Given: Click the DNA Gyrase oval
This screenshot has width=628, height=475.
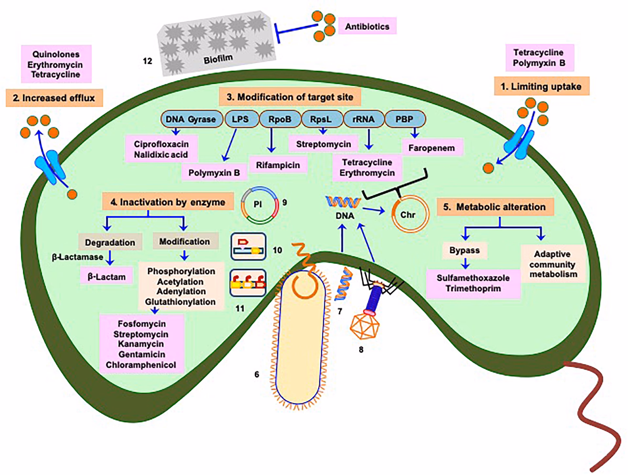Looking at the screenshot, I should point(191,119).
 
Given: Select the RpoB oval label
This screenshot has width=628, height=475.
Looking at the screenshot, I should point(280,119).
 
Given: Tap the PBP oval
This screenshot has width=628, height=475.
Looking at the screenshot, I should point(405,119).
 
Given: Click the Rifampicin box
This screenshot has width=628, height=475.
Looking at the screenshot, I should point(278,165).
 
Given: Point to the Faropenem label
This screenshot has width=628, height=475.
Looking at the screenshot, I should point(431,148).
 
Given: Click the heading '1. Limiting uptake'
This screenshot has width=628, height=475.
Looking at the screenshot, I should point(541,87).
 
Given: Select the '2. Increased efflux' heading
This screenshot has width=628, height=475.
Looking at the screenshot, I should point(54,98).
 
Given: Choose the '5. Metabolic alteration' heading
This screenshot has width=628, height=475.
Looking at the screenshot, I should point(495,207).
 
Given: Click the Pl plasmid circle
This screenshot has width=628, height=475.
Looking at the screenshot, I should point(258,204).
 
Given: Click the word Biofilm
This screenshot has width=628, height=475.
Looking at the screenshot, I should point(218,59).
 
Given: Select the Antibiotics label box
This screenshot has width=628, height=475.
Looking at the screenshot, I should point(367,26).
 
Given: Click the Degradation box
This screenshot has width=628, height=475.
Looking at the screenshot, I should point(110,242).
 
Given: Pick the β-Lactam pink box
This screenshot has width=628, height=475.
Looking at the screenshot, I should point(107,277).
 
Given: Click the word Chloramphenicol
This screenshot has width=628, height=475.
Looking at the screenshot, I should point(141,365).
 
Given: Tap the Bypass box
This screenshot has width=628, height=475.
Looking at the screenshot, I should point(464,251).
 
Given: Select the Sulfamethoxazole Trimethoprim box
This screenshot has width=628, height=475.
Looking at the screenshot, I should point(473,283).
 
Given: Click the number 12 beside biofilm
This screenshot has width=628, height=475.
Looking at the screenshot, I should point(148,61).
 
